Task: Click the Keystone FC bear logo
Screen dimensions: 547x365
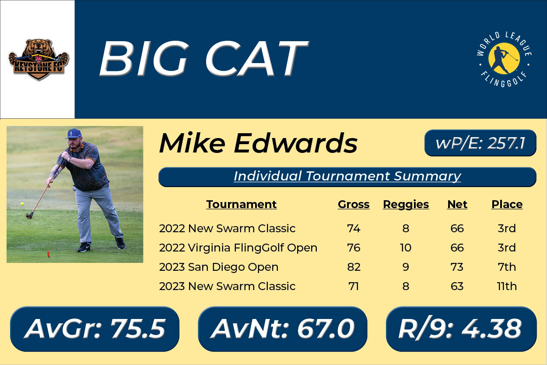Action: [39, 60]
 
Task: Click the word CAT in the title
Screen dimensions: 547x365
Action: [256, 59]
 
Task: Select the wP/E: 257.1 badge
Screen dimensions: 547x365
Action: [480, 143]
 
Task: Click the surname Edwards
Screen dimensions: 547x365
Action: [295, 143]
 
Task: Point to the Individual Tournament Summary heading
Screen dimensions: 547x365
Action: [347, 177]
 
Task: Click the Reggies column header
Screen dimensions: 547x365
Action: [406, 204]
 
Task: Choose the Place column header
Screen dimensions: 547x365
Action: [507, 204]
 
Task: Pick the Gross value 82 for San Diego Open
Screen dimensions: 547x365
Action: [354, 267]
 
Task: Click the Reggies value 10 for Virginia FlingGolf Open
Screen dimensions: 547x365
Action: [405, 248]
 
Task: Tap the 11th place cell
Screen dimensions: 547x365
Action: [507, 286]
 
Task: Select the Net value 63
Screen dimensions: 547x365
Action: [457, 286]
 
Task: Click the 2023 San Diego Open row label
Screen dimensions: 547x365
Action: [219, 267]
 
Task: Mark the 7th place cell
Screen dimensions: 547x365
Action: [507, 267]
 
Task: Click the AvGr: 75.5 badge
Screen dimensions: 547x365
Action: [95, 329]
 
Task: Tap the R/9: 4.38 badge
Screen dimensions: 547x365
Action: [461, 329]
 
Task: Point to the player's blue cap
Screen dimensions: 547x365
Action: [74, 134]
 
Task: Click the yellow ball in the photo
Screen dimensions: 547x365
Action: [22, 204]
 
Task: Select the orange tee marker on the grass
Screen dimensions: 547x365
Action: [49, 255]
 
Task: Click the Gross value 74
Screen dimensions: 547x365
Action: [354, 229]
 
